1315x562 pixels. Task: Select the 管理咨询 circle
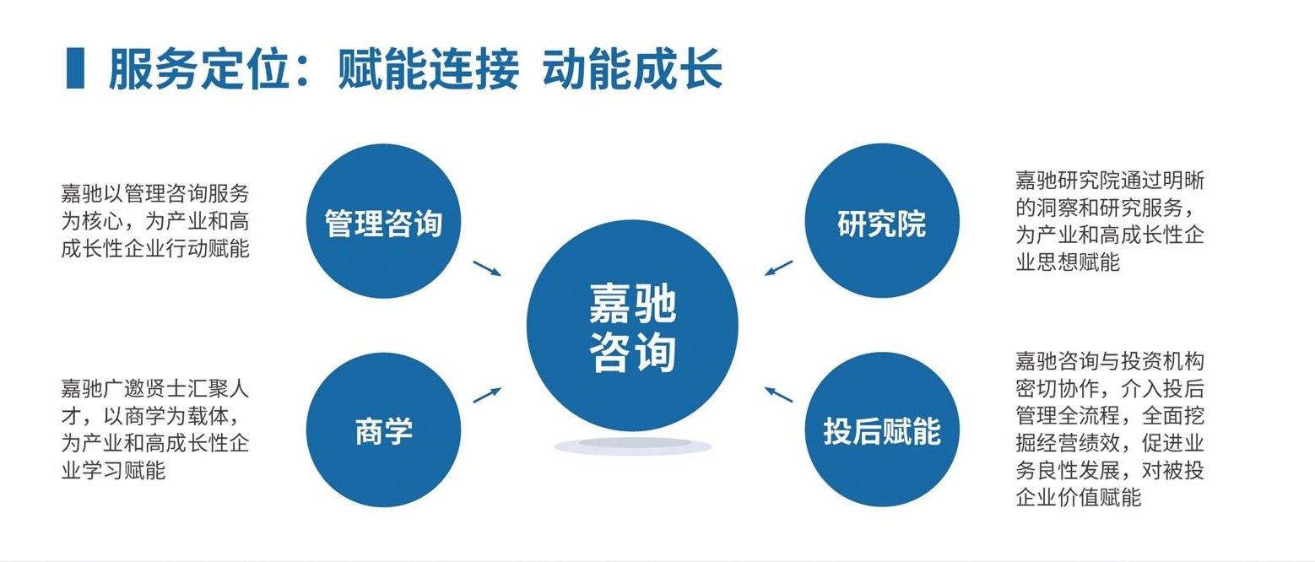pos(383,221)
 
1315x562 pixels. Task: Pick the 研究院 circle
pos(881,221)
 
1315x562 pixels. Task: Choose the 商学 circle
pos(383,430)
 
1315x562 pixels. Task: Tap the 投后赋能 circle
pos(881,430)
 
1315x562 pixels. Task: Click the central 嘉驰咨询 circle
pos(632,325)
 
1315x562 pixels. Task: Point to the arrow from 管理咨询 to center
pos(487,268)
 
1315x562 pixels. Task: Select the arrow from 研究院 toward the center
pos(779,267)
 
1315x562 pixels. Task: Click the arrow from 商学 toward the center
pos(487,395)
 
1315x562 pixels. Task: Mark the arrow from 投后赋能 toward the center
pos(779,394)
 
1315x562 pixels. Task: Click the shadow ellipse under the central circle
pos(632,446)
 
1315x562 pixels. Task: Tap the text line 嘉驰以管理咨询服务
pos(155,192)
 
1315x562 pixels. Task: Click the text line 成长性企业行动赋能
pos(155,249)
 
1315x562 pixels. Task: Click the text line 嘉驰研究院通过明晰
pos(1109,180)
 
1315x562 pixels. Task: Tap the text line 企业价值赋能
pos(1078,498)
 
